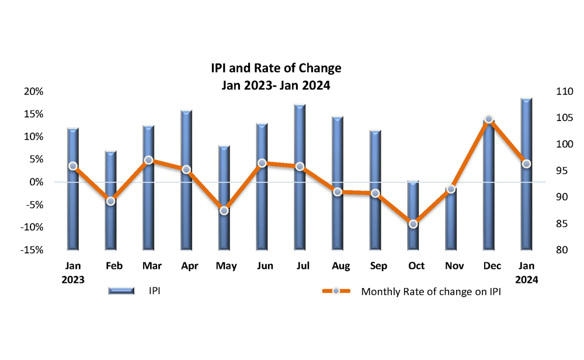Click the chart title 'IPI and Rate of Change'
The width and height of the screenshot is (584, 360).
click(276, 68)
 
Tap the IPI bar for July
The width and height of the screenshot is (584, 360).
click(300, 176)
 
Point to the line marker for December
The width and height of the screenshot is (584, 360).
click(489, 119)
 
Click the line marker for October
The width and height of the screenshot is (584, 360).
click(413, 224)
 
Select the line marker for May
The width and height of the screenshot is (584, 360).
click(224, 210)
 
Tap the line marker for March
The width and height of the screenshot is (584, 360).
click(148, 160)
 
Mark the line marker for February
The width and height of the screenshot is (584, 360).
click(110, 201)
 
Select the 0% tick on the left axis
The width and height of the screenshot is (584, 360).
click(37, 182)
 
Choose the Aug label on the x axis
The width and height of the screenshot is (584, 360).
click(340, 266)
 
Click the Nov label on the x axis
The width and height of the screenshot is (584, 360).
click(454, 266)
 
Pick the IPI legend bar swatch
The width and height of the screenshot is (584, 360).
click(122, 291)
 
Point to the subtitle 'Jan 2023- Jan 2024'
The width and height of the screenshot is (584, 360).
click(276, 85)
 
